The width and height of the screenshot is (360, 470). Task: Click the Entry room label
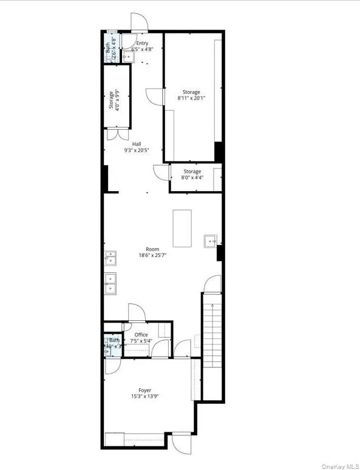click(x=142, y=43)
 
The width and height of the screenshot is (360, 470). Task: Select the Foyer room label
click(x=144, y=390)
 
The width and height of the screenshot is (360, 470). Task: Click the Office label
click(x=141, y=335)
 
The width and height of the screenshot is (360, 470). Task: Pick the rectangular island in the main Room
click(x=182, y=228)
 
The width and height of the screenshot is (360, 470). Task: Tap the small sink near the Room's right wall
click(x=211, y=241)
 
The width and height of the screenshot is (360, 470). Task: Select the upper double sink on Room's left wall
click(x=110, y=260)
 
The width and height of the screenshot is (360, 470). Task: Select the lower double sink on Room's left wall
click(x=110, y=283)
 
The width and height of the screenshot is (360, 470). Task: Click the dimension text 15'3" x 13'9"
click(x=144, y=397)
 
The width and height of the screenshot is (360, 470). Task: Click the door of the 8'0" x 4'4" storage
click(x=161, y=173)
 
